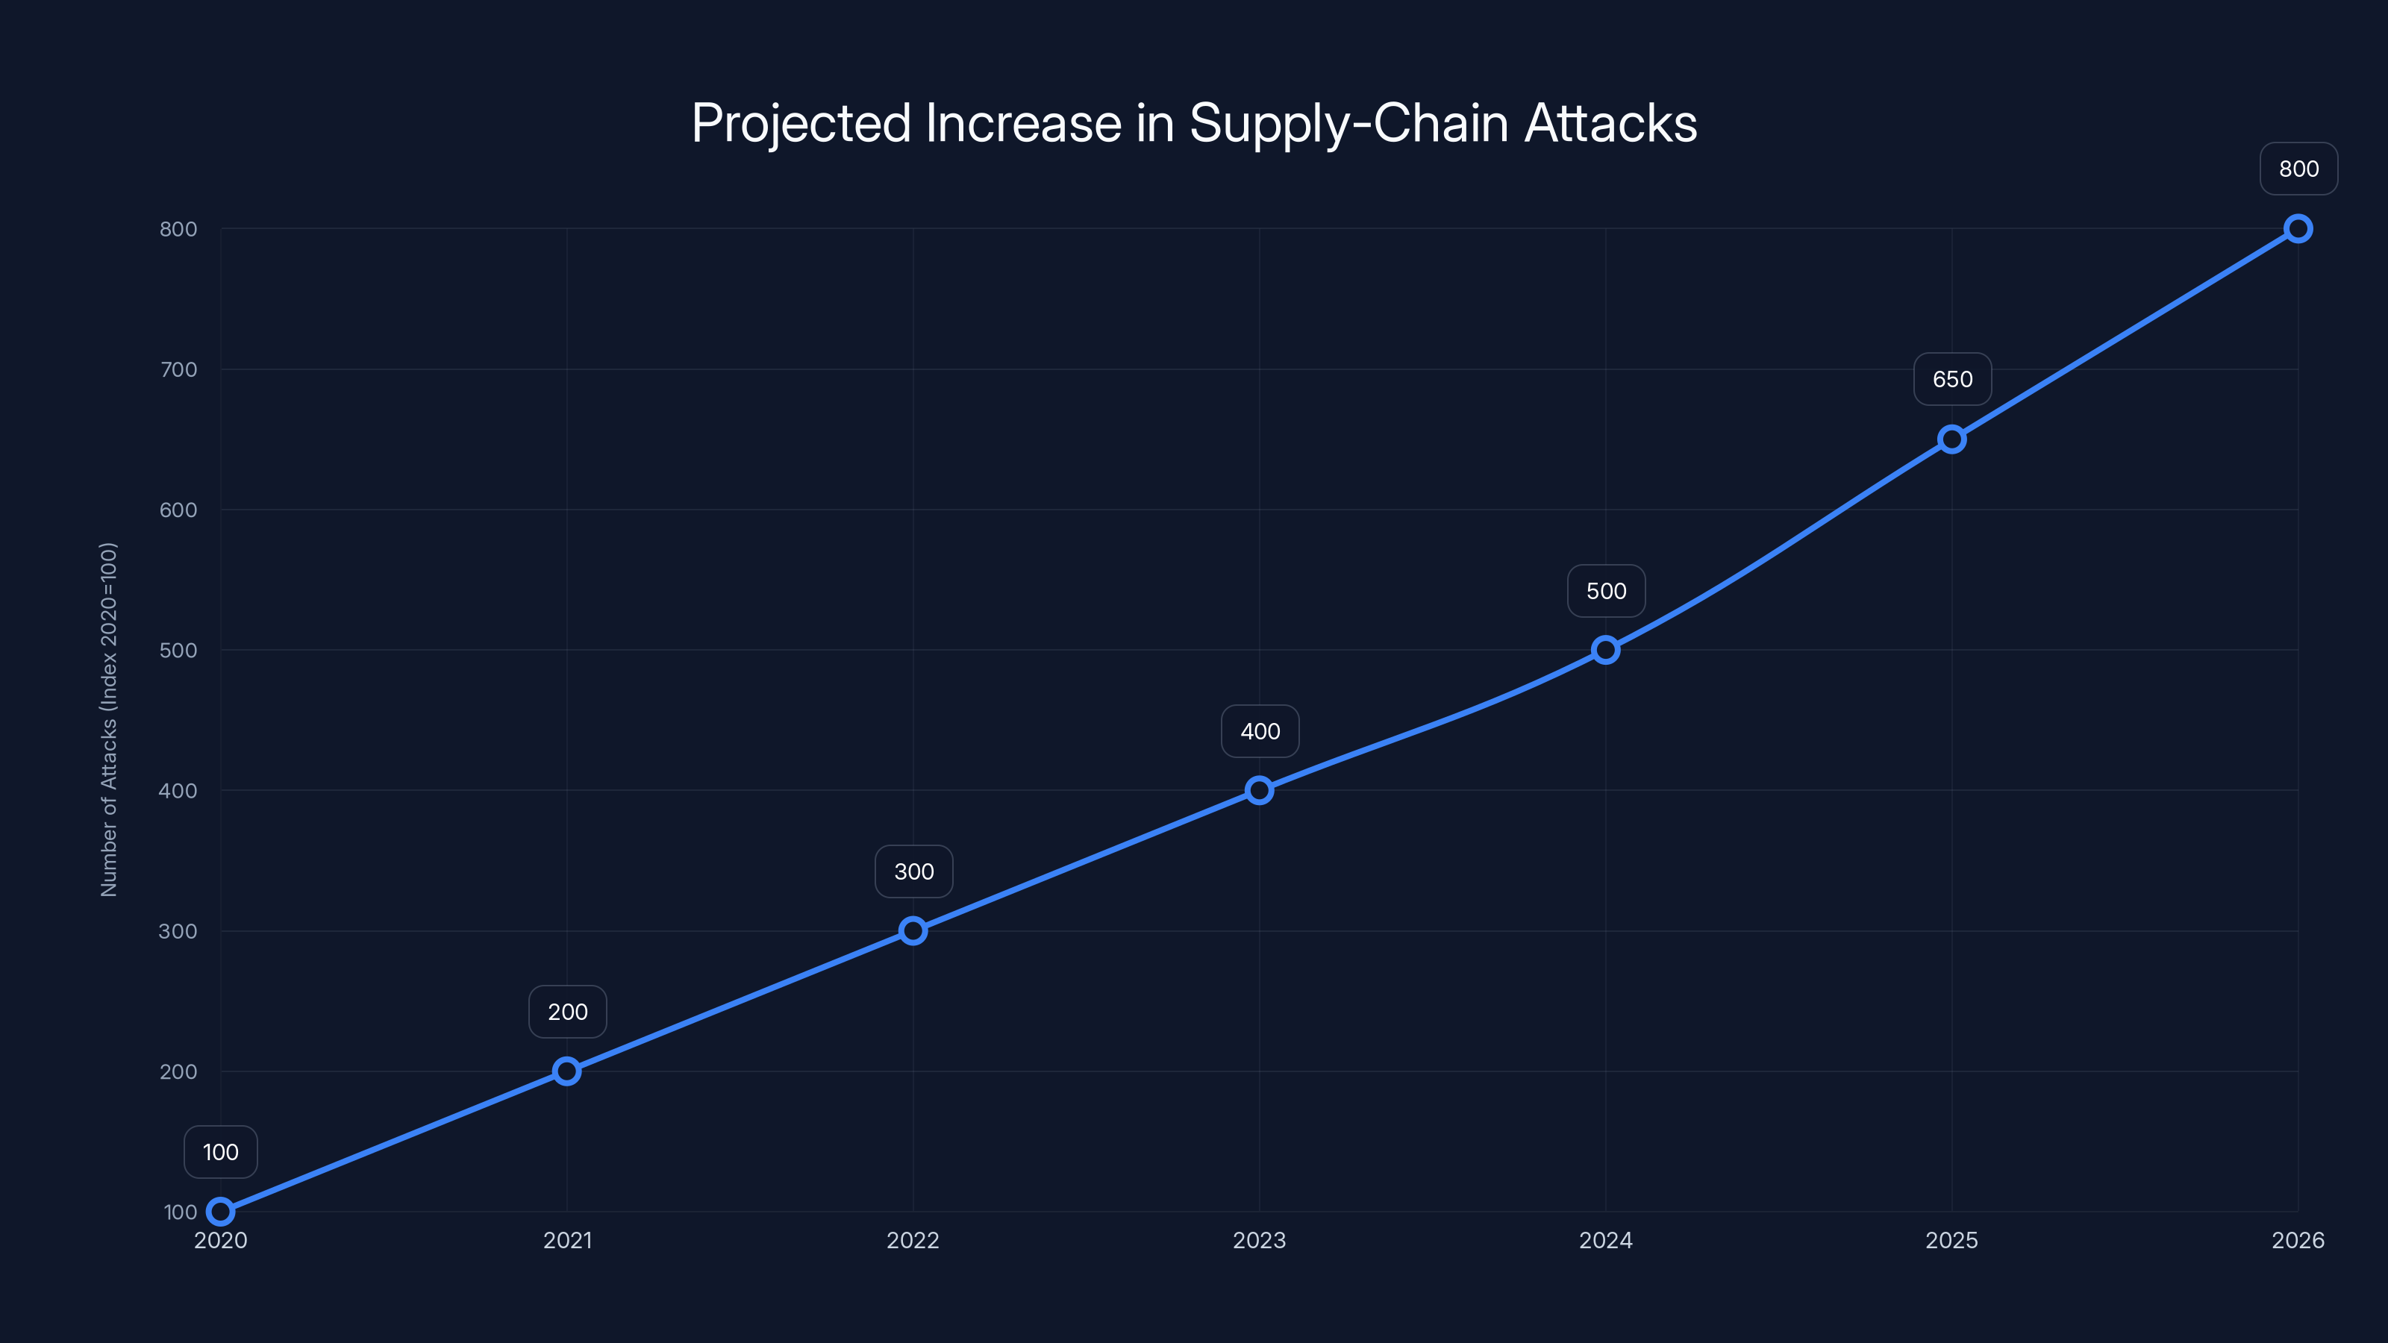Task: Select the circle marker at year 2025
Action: [1951, 439]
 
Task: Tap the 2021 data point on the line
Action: [566, 1071]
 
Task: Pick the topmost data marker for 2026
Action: [2297, 229]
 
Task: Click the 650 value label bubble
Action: [1952, 379]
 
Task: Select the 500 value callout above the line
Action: [1606, 592]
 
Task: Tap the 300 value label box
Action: [913, 871]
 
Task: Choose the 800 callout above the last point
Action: [2298, 169]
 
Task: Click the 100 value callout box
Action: [221, 1152]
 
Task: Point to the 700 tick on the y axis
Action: [179, 370]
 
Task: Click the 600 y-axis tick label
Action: [179, 510]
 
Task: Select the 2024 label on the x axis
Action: [1606, 1240]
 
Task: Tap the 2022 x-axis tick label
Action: [913, 1240]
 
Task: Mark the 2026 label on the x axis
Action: [2297, 1240]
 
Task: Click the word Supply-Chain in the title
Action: [1348, 123]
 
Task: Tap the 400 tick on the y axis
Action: [179, 791]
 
